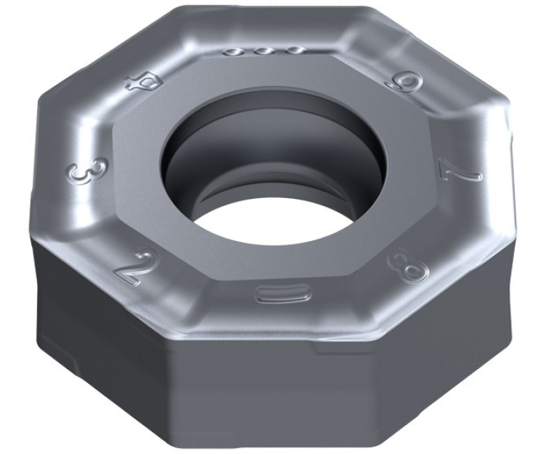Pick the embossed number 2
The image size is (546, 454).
pyautogui.click(x=132, y=267)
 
